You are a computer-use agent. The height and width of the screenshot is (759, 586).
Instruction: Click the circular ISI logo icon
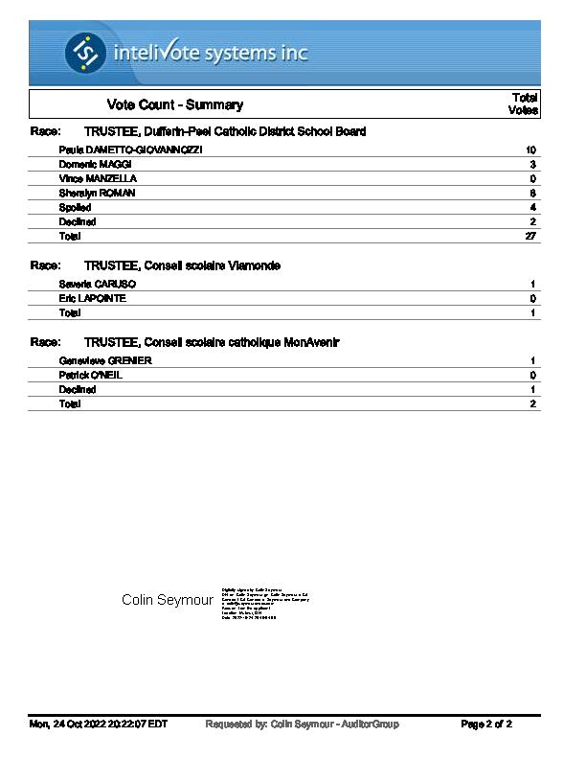pos(85,52)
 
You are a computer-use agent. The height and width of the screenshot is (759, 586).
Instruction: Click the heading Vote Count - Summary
pos(175,104)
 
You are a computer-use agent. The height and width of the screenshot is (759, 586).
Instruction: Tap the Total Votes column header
pos(525,103)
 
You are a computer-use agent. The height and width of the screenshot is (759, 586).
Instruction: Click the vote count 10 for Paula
pos(530,150)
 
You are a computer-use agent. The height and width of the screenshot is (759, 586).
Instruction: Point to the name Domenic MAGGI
pos(95,165)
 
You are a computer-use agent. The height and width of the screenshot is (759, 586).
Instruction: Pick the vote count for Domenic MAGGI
pos(532,165)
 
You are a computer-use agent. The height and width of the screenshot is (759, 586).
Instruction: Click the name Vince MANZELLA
pos(98,179)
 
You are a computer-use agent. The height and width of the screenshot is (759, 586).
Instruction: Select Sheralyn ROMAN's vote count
pos(532,194)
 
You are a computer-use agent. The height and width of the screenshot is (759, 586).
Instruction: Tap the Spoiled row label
pos(75,208)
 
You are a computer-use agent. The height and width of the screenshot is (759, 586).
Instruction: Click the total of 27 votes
pos(530,237)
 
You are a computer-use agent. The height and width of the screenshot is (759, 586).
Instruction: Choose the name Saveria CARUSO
pos(98,285)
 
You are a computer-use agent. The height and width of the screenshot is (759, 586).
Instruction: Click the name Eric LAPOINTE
pos(92,299)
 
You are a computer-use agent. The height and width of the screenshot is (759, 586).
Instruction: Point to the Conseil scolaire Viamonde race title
pos(182,265)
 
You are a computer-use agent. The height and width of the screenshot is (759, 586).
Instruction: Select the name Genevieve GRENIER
pos(105,361)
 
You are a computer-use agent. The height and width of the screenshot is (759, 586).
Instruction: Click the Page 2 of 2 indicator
pos(486,724)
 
